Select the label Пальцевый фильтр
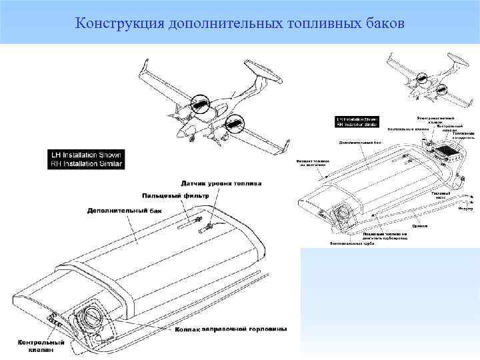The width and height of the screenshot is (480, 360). pyautogui.click(x=175, y=196)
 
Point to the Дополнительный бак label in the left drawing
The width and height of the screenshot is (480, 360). pyautogui.click(x=124, y=210)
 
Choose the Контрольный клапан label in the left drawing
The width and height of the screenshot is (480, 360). pyautogui.click(x=41, y=346)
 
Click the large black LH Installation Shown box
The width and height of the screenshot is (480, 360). pyautogui.click(x=86, y=158)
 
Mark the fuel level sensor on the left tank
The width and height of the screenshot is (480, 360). pyautogui.click(x=207, y=228)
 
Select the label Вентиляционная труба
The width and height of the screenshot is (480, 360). pyautogui.click(x=353, y=243)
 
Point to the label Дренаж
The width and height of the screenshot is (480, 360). pyautogui.click(x=420, y=226)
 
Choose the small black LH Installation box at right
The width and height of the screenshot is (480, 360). pyautogui.click(x=359, y=121)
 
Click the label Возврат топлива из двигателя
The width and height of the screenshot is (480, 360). pyautogui.click(x=311, y=164)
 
